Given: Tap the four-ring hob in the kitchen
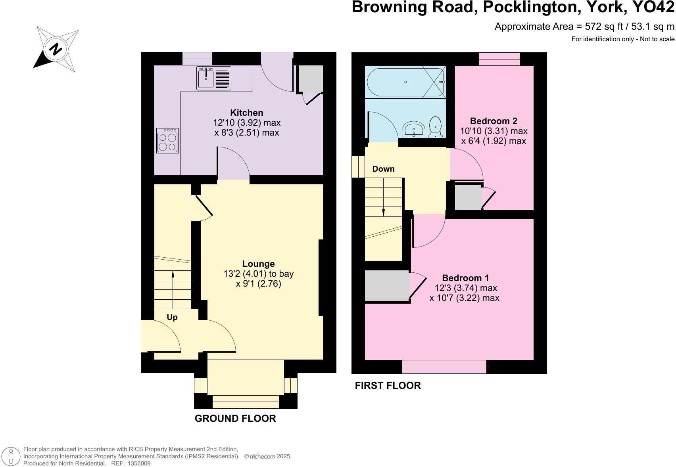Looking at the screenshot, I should coord(167,141).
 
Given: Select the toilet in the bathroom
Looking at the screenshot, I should coord(436,127).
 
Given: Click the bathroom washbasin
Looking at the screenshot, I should coord(414,129).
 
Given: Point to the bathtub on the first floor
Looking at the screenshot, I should coord(405,82).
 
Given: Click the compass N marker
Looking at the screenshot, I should coord(56,49).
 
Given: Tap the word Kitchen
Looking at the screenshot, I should coord(247,113).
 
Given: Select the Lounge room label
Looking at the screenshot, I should coord(258,264).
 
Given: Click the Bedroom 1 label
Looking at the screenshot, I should coord(465,278).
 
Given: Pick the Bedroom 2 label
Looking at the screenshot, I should coord(494,121).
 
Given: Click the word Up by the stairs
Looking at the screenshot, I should coord(172,317).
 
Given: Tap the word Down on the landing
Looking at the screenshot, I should coord(383,169).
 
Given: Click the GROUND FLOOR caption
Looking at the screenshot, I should coord(235,418).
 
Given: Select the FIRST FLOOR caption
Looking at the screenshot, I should coord(388,385).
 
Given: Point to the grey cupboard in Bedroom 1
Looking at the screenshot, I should coord(386,285).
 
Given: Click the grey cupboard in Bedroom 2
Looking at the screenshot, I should coord(468,197).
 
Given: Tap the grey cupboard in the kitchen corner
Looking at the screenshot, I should coord(311,79).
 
